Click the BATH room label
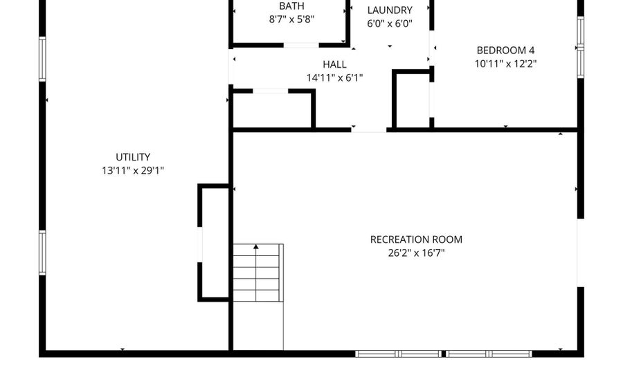tap(291, 6)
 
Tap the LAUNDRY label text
tap(389, 10)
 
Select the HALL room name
tap(334, 64)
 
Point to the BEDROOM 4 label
tap(505, 51)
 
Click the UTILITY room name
tap(133, 157)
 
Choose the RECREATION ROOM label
tap(416, 239)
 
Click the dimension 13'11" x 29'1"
tap(133, 170)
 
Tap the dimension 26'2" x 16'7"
tap(416, 253)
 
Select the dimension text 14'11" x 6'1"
tap(334, 77)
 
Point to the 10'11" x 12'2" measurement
tap(505, 64)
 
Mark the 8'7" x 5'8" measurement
tap(291, 19)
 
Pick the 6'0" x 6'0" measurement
tap(389, 24)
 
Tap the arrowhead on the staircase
tap(256, 247)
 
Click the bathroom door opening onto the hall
tap(301, 45)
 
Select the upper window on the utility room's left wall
tap(42, 59)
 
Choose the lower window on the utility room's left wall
tap(42, 253)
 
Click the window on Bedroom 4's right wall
tap(581, 47)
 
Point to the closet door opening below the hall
tap(270, 91)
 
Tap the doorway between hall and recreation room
tap(369, 130)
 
